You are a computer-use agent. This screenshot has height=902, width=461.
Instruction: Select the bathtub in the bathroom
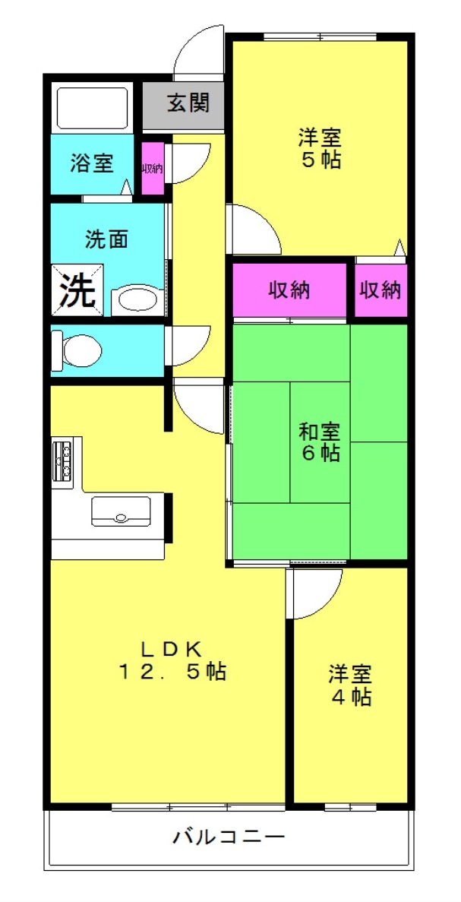(91, 108)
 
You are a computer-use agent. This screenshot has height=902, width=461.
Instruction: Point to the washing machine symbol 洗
(78, 290)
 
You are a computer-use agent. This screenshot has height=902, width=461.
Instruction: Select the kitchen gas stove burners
(62, 459)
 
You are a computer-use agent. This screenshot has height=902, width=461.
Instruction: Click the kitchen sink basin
(122, 511)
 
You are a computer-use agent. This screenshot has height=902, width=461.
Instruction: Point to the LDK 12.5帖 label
(172, 660)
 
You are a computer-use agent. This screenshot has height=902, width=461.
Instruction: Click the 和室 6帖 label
(320, 442)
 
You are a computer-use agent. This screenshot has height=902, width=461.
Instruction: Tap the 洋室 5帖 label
(320, 148)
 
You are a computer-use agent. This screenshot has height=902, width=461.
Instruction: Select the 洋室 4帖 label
(350, 685)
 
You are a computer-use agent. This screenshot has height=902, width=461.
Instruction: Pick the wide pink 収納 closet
(289, 290)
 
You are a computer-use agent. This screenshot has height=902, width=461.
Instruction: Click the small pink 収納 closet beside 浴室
(153, 169)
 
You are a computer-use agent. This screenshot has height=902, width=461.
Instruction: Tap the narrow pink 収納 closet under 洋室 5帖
(380, 290)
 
